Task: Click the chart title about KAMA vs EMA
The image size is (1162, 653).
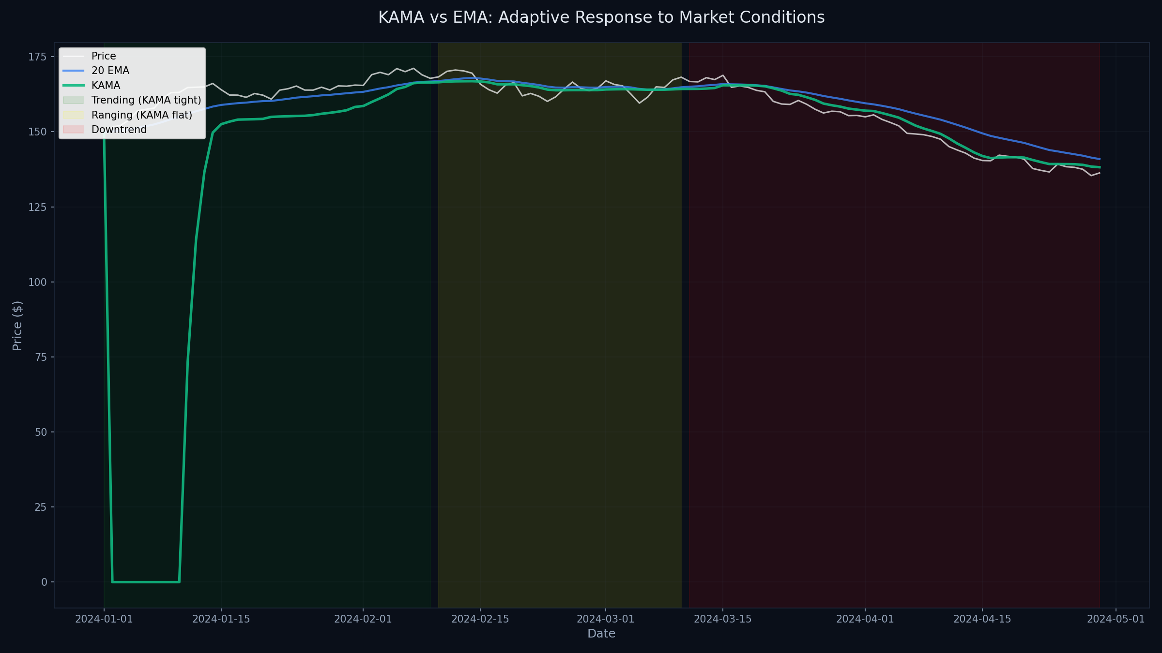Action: click(601, 17)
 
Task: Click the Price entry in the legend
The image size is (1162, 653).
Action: click(104, 56)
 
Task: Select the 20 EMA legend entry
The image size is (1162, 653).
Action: click(110, 71)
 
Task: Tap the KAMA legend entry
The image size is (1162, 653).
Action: click(106, 86)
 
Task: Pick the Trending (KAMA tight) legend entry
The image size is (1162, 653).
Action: click(146, 100)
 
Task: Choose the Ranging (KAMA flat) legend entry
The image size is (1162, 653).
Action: click(141, 115)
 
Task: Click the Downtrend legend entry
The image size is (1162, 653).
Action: click(119, 130)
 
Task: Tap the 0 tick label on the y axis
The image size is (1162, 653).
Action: click(44, 582)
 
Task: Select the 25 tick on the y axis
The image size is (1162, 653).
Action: click(41, 507)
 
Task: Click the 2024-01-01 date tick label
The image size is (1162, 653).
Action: click(104, 619)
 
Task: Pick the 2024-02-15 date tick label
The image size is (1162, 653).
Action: click(480, 619)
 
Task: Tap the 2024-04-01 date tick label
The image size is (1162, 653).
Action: click(865, 619)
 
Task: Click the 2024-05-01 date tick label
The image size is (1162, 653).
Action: click(1116, 619)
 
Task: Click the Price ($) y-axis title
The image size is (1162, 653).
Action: click(17, 326)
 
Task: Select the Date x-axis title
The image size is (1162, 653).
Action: click(601, 634)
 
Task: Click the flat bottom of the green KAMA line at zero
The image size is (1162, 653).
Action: click(145, 582)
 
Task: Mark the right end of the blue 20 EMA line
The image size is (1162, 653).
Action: click(1100, 159)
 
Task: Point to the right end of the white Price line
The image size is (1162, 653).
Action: click(1100, 173)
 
